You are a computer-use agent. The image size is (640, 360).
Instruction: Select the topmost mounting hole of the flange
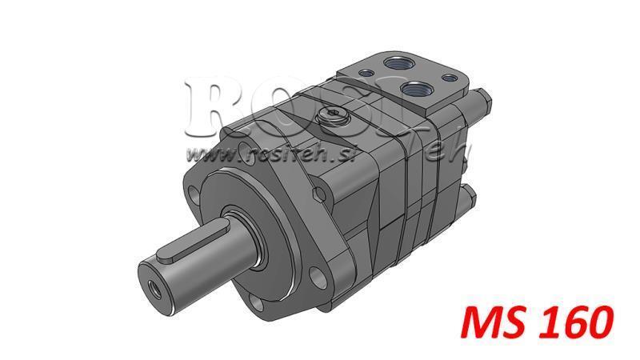point(245,148)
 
